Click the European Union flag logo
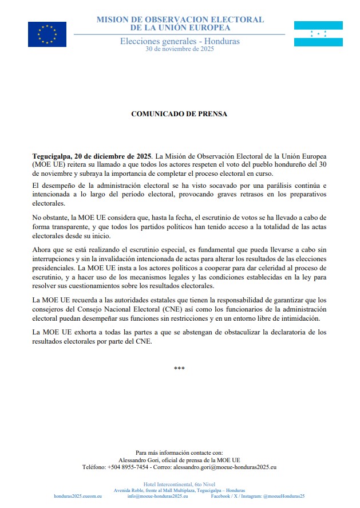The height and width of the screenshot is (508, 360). (x=47, y=34)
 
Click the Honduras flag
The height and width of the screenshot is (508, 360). (x=318, y=34)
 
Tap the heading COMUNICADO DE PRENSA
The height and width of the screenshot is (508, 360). (x=179, y=114)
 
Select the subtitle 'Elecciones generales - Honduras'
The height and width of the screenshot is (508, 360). (x=180, y=41)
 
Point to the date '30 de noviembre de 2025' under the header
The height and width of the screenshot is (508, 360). (x=180, y=49)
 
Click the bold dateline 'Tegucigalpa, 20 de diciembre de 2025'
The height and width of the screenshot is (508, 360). (x=92, y=156)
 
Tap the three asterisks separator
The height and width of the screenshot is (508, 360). (x=179, y=368)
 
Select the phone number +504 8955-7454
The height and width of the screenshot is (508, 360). (x=126, y=467)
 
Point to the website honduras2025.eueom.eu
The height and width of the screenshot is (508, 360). (x=78, y=496)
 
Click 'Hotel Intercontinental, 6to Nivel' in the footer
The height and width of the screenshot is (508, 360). (x=179, y=484)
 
